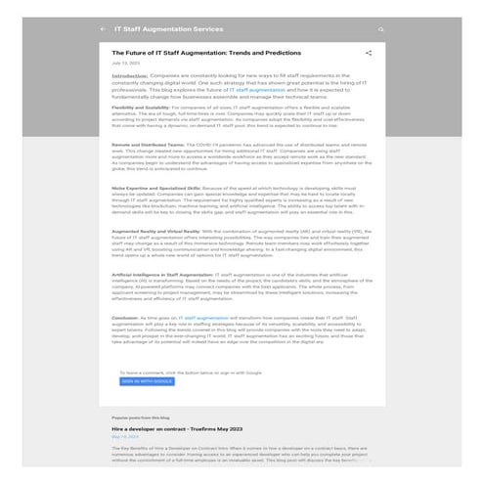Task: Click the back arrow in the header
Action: click(x=103, y=29)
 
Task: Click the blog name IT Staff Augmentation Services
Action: click(x=168, y=29)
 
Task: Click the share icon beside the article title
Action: click(x=369, y=53)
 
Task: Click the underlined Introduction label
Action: click(x=130, y=75)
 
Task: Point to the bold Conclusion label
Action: click(x=127, y=319)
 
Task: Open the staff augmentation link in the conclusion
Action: click(x=206, y=319)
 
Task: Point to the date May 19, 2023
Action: click(x=126, y=436)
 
